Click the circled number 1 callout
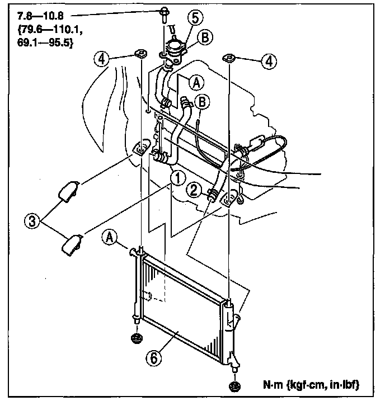pos(176,178)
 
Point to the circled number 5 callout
pos(192,18)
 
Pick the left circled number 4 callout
pos(101,59)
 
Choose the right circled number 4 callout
pos(269,62)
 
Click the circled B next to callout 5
pos(205,38)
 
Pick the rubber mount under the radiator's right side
pos(234,385)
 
